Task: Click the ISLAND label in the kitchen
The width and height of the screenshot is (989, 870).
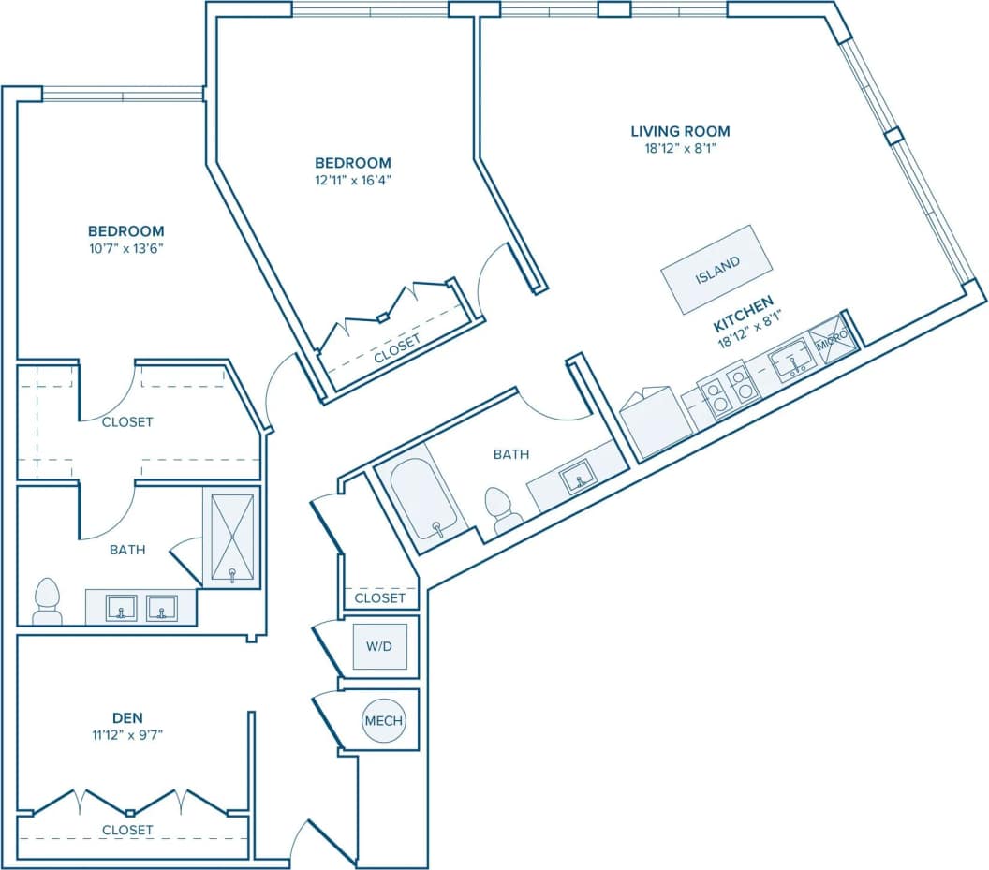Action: (717, 269)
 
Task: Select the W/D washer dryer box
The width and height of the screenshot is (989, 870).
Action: (379, 645)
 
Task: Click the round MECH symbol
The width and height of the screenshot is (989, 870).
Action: (383, 720)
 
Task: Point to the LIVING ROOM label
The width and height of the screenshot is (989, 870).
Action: (679, 131)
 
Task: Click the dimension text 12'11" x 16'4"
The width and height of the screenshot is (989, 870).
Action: (353, 180)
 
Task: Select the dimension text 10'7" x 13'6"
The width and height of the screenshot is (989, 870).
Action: (125, 248)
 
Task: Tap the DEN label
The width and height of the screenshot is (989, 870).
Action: (125, 717)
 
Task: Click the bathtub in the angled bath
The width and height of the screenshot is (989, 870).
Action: (425, 502)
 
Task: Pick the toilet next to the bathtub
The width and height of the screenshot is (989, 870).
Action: (503, 510)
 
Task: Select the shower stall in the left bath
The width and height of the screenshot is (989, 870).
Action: (231, 538)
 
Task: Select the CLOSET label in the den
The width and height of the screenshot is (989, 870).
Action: (126, 830)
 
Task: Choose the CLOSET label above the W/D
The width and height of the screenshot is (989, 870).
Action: (379, 597)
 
